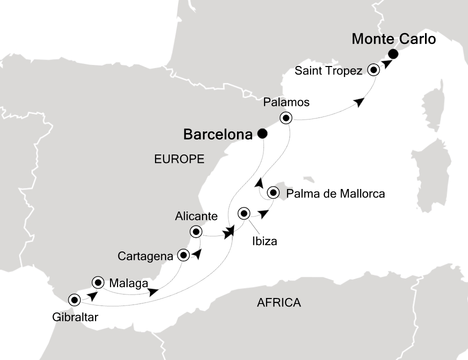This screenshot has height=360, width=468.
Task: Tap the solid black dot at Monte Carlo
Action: point(393,54)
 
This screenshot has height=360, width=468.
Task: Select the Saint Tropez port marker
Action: point(373,70)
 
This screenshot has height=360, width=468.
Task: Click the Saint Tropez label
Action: point(328,70)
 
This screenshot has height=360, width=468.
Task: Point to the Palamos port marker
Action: point(285,118)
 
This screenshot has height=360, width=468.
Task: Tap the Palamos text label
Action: point(286,102)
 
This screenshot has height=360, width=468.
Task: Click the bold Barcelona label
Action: point(217,134)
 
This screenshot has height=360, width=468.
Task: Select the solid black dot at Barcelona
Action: point(261,133)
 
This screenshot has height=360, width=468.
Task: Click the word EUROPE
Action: point(179,159)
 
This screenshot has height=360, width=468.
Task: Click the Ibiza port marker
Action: point(244,213)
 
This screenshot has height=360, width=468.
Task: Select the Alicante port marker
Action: point(196,231)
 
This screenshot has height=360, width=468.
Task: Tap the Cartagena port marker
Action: point(183,255)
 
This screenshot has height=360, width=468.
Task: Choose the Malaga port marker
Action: point(97,282)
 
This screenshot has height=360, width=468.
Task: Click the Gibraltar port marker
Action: point(74,300)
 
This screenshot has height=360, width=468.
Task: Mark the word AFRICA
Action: point(278,302)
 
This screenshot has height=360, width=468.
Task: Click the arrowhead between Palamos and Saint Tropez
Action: point(358,102)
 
